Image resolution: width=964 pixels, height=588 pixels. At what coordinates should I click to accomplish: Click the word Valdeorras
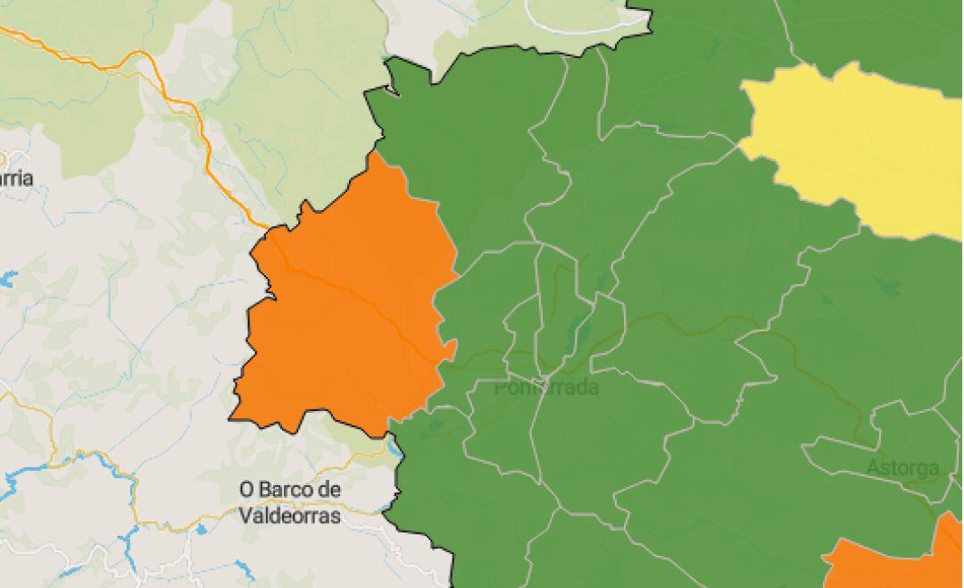pos(290,516)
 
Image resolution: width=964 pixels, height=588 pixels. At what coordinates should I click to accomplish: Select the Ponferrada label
pos(546,388)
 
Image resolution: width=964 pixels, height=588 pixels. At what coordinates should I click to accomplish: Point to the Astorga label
pos(902,467)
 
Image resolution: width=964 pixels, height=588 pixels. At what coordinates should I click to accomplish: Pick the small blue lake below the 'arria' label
pos(7,279)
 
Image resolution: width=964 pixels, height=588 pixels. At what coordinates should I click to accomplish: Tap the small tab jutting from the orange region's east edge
pos(451,347)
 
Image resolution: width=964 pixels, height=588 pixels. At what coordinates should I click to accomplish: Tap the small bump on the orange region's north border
pos(309,209)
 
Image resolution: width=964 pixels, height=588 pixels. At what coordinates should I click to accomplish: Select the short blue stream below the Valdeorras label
pos(244,568)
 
